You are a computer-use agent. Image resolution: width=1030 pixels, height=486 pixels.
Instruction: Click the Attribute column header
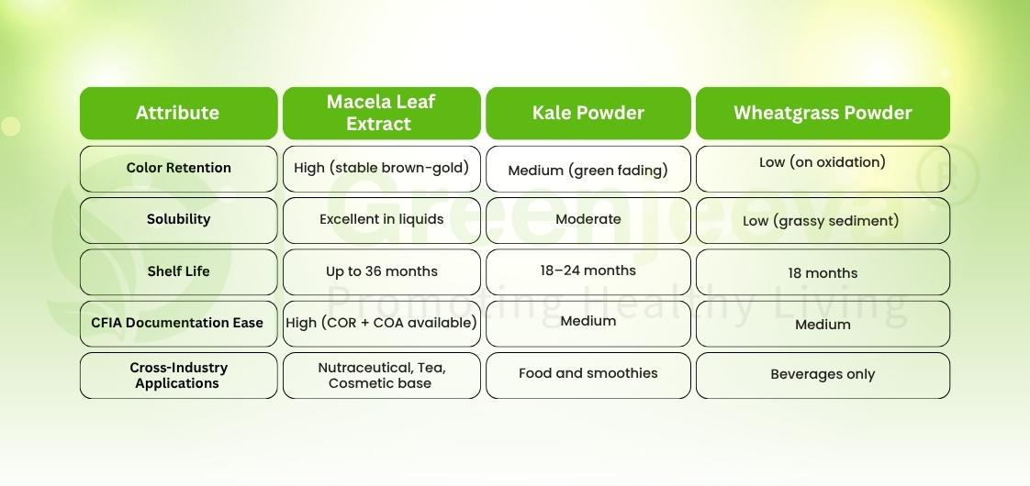point(178,113)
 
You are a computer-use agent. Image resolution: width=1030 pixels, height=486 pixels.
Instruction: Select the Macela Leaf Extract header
point(381,113)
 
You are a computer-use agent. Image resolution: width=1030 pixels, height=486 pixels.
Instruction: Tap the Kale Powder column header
point(588,113)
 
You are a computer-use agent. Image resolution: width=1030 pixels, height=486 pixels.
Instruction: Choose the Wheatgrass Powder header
point(823,113)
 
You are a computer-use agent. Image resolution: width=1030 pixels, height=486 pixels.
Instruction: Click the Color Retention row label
point(178,168)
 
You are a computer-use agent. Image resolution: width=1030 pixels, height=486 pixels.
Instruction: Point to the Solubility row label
point(178,219)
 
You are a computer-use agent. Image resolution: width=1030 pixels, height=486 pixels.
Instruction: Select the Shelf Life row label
point(178,271)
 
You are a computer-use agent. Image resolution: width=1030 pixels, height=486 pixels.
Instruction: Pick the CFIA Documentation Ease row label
point(178,323)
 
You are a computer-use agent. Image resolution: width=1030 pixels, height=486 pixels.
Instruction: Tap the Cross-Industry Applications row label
point(178,375)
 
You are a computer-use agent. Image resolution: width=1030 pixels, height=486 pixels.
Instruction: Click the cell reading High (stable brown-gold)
point(381,168)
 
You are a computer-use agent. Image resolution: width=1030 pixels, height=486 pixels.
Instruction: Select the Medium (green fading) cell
point(588,170)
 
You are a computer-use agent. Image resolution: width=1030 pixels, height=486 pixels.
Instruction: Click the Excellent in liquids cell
point(381,219)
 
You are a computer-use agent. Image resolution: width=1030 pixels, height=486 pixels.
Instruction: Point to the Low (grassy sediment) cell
point(823,221)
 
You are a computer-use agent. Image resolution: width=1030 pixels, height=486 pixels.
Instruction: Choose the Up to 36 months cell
point(381,271)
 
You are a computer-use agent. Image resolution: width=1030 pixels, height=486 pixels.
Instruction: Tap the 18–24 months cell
point(588,271)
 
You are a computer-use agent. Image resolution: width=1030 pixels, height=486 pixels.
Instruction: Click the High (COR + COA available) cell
point(381,323)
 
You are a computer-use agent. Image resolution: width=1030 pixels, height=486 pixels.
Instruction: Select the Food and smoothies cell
point(588,374)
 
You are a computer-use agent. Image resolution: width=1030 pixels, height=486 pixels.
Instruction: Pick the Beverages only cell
point(823,375)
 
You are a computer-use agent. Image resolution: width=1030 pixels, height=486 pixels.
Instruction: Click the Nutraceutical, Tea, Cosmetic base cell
point(381,375)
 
